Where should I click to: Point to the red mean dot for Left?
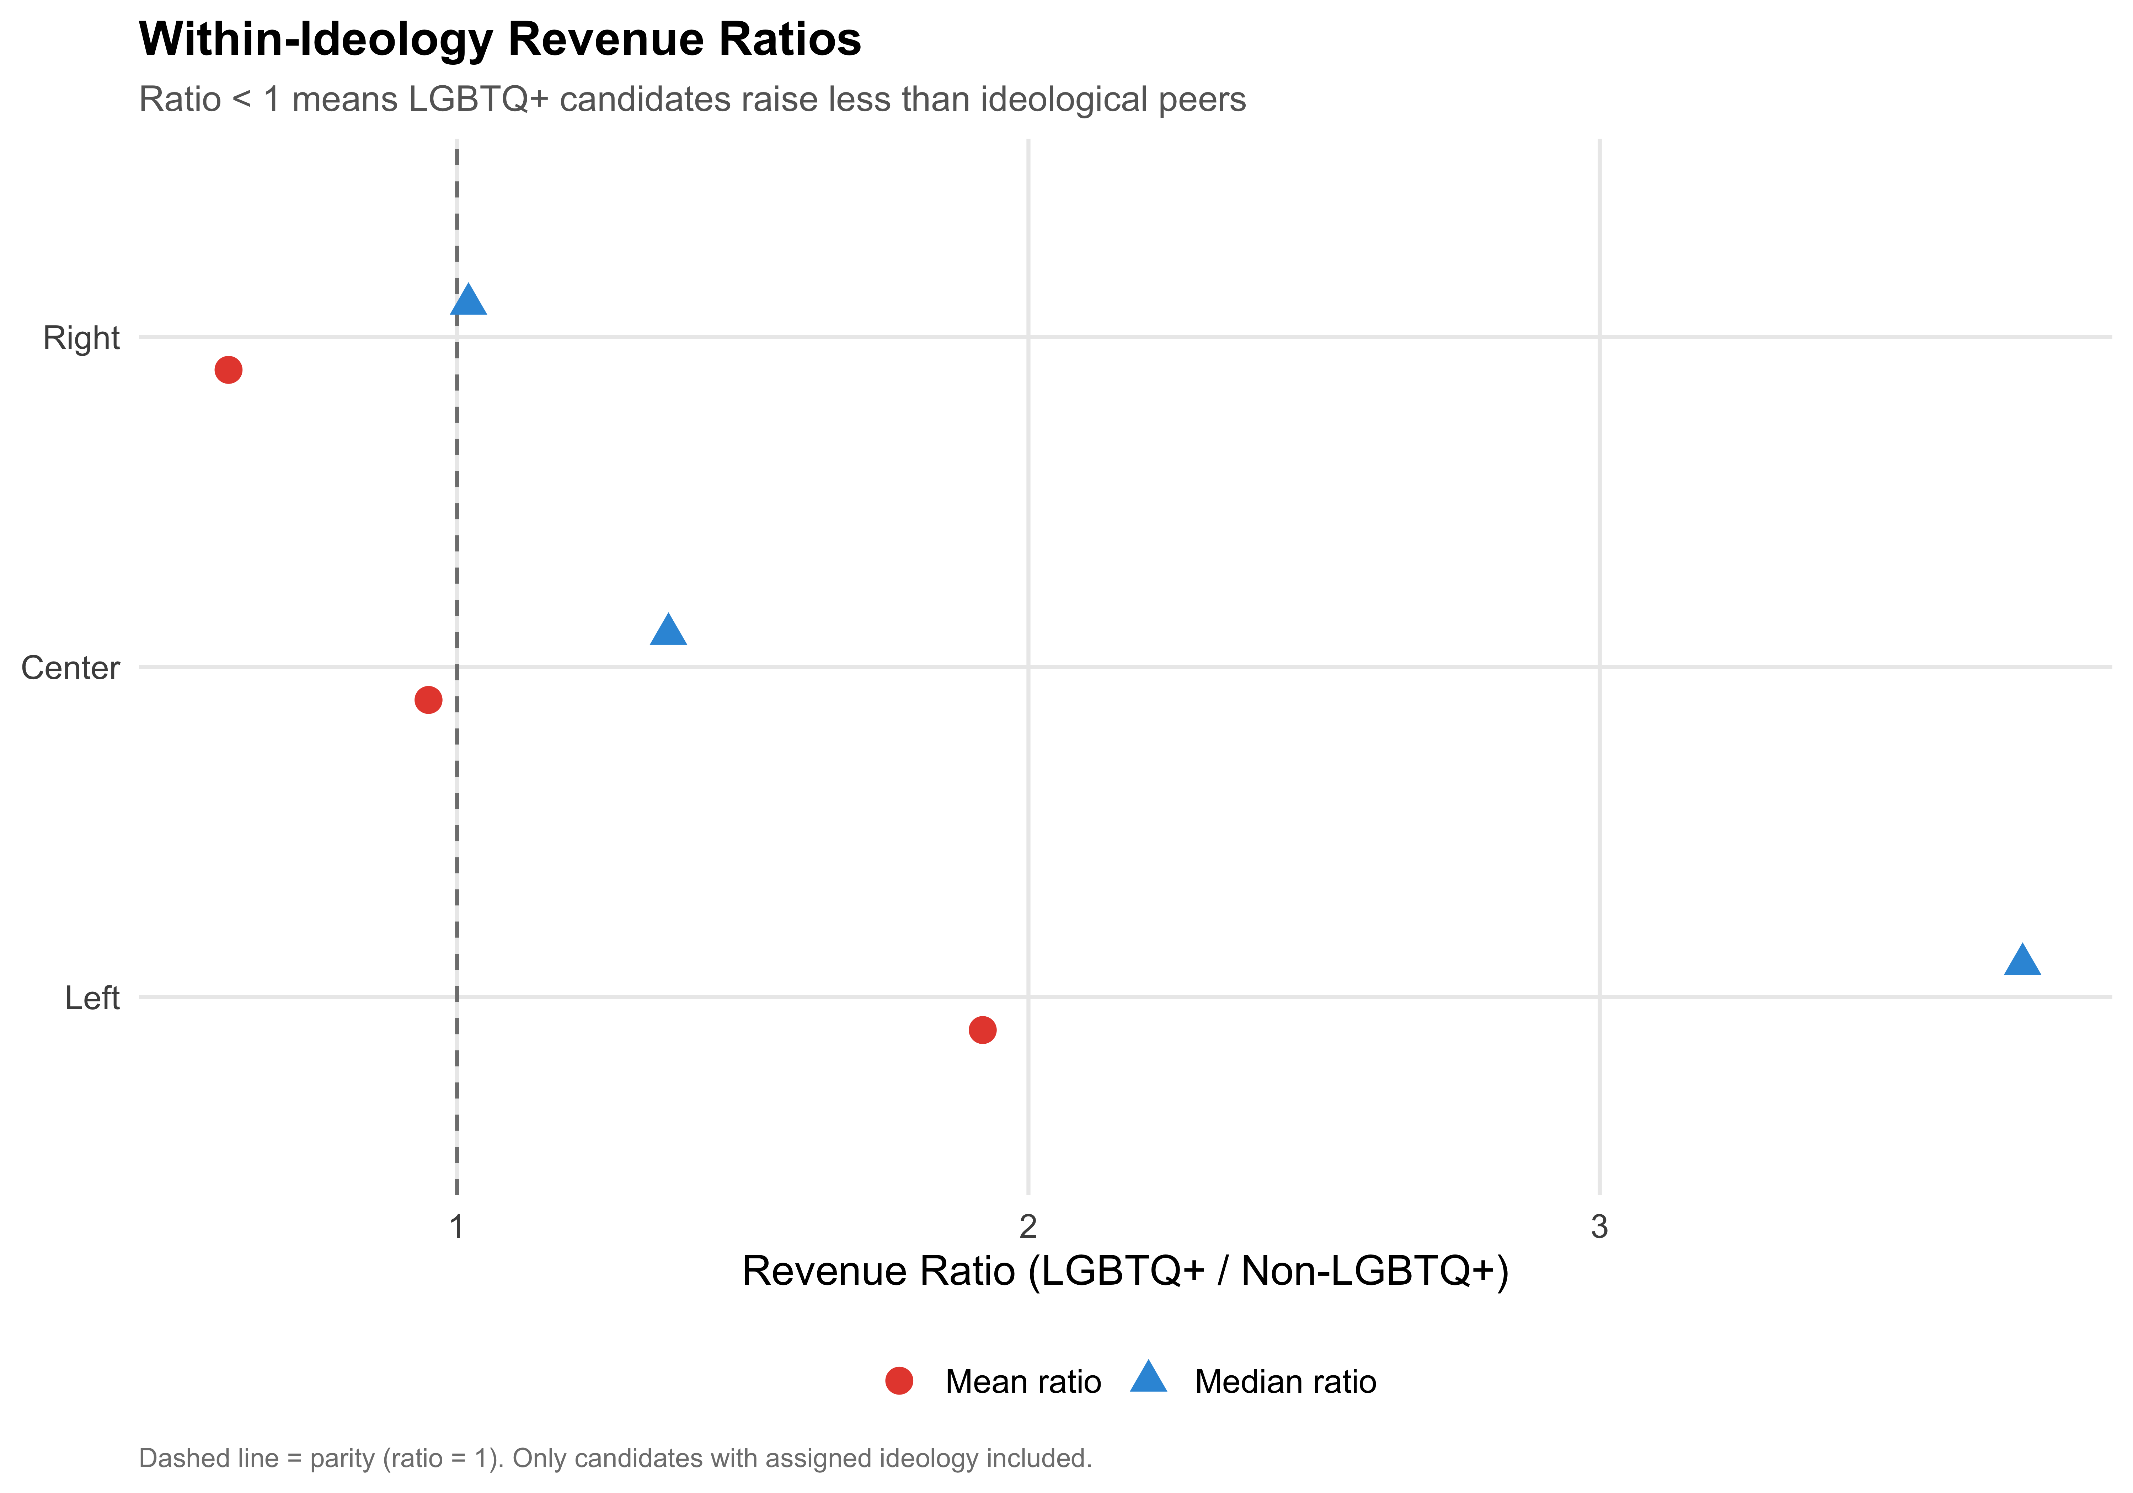coord(982,1029)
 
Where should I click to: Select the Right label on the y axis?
coord(82,338)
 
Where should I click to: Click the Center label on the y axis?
coord(71,668)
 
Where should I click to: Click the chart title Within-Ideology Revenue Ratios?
coord(500,40)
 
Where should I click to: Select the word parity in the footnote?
coord(343,1459)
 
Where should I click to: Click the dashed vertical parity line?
coord(456,836)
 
